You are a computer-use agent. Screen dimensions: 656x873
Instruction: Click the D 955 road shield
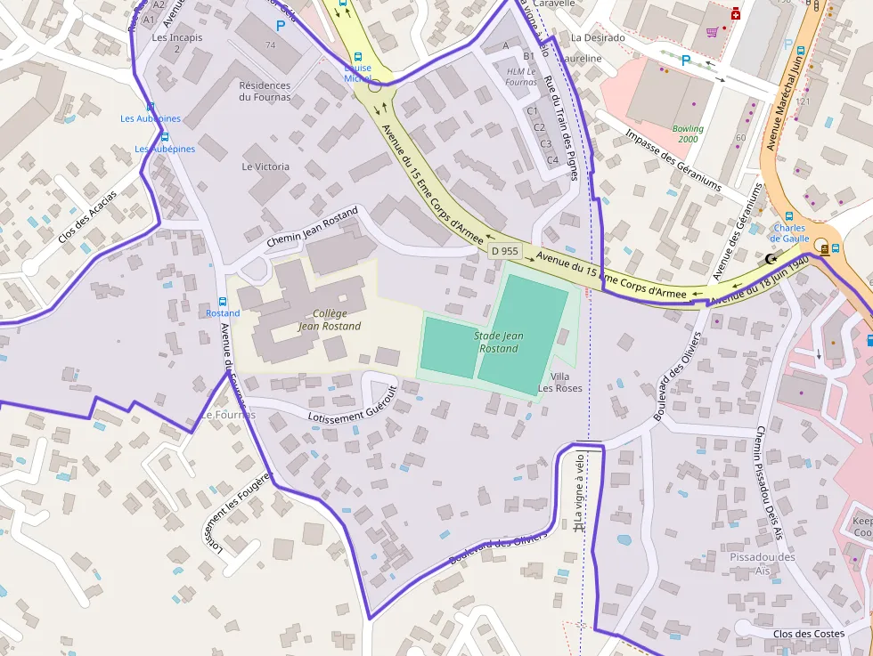[x=504, y=251]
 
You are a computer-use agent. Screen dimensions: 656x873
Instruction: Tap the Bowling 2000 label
[x=688, y=134]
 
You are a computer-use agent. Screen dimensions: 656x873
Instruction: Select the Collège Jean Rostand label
[x=330, y=320]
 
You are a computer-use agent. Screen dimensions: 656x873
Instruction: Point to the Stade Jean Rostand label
[x=499, y=342]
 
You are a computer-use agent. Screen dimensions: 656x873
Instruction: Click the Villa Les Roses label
[x=559, y=383]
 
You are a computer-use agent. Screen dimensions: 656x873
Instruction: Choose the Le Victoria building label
[x=265, y=166]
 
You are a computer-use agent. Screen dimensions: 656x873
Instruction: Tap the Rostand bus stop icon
[x=223, y=302]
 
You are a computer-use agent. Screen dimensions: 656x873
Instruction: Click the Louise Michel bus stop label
[x=357, y=73]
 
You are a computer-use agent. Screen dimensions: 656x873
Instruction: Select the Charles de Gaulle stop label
[x=789, y=233]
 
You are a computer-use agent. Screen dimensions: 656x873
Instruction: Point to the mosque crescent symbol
[x=771, y=259]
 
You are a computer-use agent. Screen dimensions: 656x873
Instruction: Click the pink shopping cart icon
[x=712, y=33]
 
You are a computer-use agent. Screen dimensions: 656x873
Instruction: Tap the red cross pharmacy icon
[x=735, y=14]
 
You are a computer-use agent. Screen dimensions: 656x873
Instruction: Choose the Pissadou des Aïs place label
[x=762, y=563]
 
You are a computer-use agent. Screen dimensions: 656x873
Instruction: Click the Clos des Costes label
[x=809, y=634]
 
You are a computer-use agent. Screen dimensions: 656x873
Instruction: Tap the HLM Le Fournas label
[x=521, y=76]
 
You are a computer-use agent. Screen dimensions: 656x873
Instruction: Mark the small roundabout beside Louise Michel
[x=375, y=87]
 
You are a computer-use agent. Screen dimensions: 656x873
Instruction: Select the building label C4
[x=552, y=160]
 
